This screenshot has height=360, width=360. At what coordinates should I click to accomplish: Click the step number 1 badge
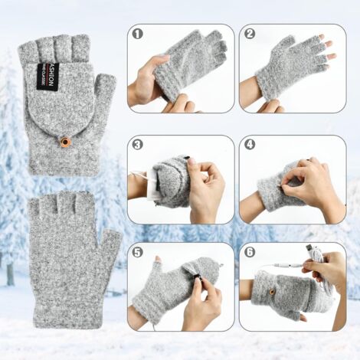click(138, 34)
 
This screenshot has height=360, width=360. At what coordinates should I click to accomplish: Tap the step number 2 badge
click(249, 34)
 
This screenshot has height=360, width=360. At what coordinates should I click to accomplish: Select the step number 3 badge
click(138, 144)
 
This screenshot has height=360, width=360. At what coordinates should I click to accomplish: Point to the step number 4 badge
click(249, 144)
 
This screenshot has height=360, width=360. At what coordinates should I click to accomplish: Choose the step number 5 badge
click(138, 253)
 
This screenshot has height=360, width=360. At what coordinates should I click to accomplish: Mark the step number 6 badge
click(249, 253)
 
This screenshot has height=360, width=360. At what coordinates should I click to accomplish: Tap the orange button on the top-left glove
click(64, 142)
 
